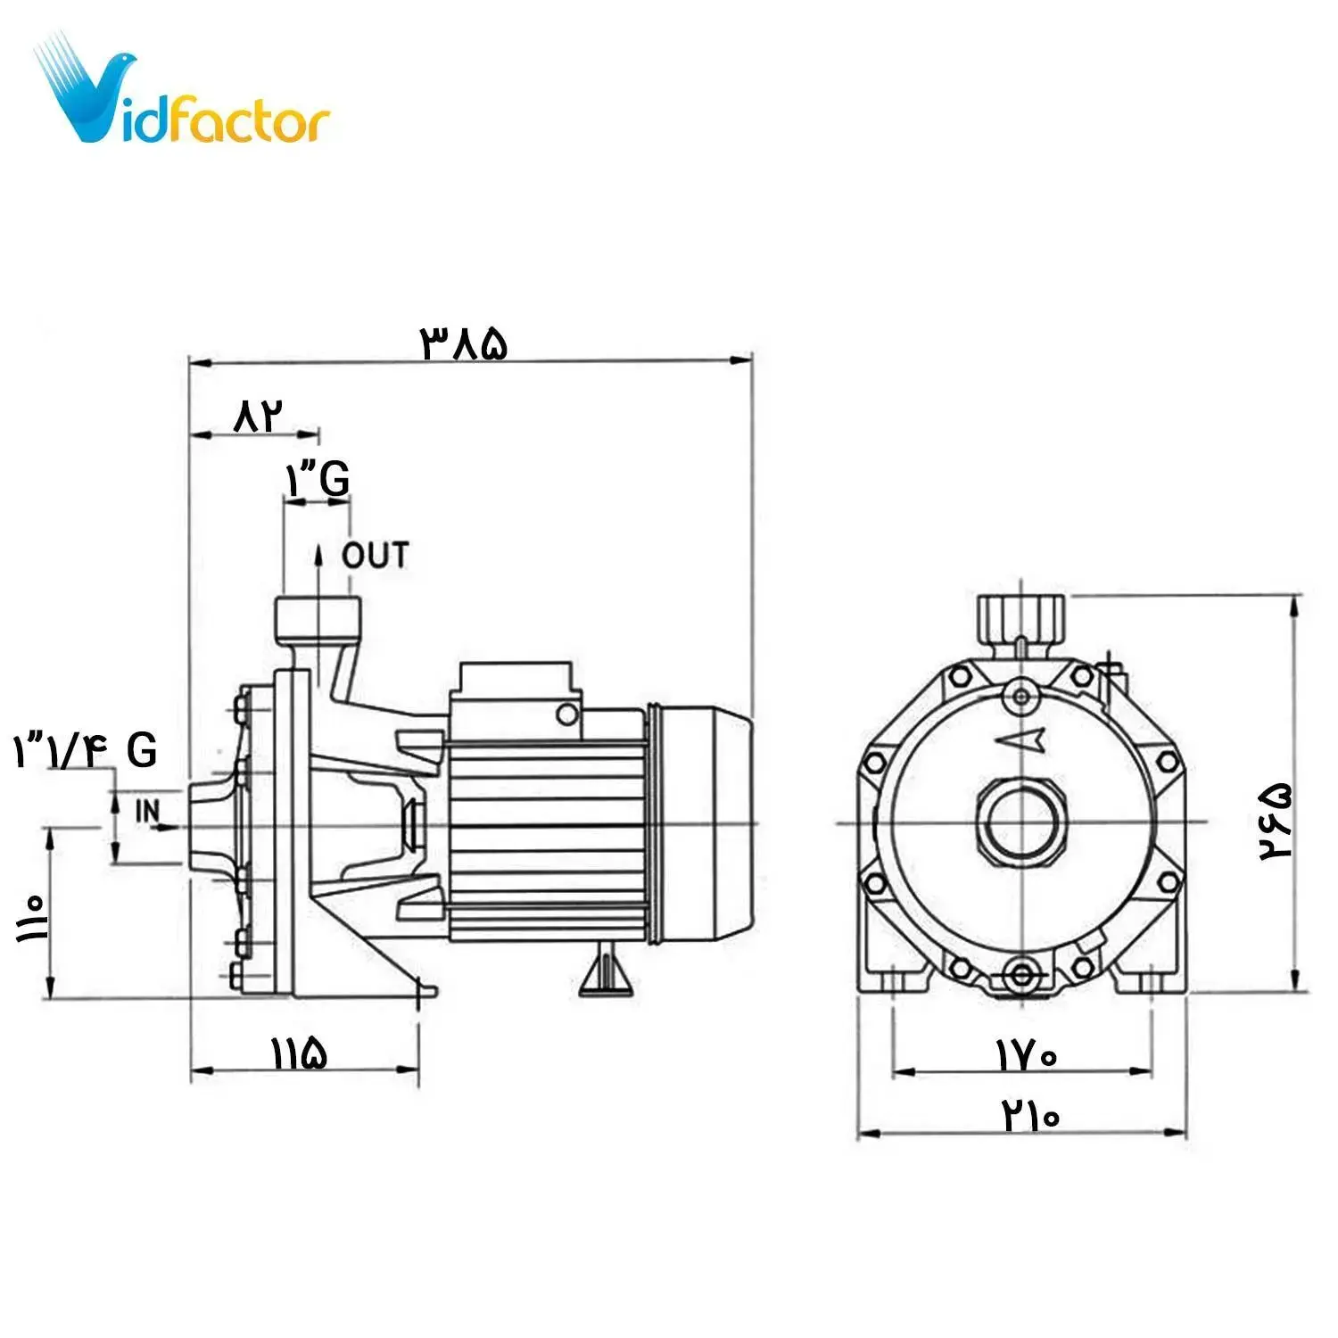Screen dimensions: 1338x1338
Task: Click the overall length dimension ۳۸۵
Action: click(x=464, y=343)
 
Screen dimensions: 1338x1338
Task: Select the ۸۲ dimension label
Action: click(x=257, y=416)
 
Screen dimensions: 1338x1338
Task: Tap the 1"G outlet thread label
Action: click(x=318, y=479)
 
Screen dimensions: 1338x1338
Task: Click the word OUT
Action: click(x=376, y=556)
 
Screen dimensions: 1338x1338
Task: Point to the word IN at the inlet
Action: click(x=147, y=811)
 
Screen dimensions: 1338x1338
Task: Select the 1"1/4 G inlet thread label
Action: click(x=86, y=750)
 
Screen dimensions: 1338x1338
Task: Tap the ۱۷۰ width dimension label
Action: click(x=1026, y=1056)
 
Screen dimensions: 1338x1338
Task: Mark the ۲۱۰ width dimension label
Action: click(x=1030, y=1114)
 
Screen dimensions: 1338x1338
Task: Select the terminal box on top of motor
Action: click(x=515, y=683)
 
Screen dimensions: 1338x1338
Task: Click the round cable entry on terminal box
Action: click(x=566, y=713)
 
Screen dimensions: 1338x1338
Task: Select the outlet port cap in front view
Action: click(x=1021, y=614)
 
